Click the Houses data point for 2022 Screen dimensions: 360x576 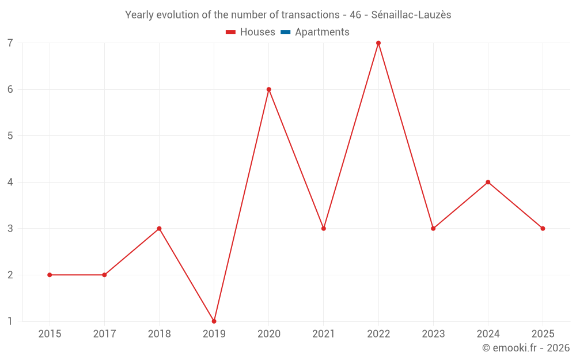coord(378,43)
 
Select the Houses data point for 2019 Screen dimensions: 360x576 coord(214,321)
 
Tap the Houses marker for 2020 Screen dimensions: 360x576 coord(269,89)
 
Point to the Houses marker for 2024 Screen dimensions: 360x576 coord(488,182)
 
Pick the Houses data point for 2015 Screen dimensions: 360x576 coord(50,275)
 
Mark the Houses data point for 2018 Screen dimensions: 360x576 coord(159,229)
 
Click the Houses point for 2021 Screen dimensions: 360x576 coord(324,229)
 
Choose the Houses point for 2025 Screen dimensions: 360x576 coord(543,229)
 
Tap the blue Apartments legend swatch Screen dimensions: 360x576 coord(285,32)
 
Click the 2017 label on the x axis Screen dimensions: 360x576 coord(104,334)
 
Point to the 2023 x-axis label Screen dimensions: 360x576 coord(433,334)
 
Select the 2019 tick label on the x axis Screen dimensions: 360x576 coord(214,334)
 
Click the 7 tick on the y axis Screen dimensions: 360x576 coord(10,43)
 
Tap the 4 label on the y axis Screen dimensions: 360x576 coord(10,182)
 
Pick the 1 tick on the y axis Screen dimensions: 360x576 coord(10,321)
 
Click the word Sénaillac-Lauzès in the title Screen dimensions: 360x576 coord(411,15)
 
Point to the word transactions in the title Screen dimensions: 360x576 coord(312,15)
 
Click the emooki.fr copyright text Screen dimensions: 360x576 coord(526,348)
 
